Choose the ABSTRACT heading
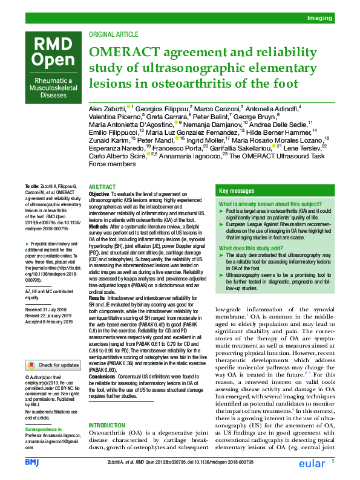pyautogui.click(x=103, y=188)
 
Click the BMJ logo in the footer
pyautogui.click(x=31, y=462)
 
